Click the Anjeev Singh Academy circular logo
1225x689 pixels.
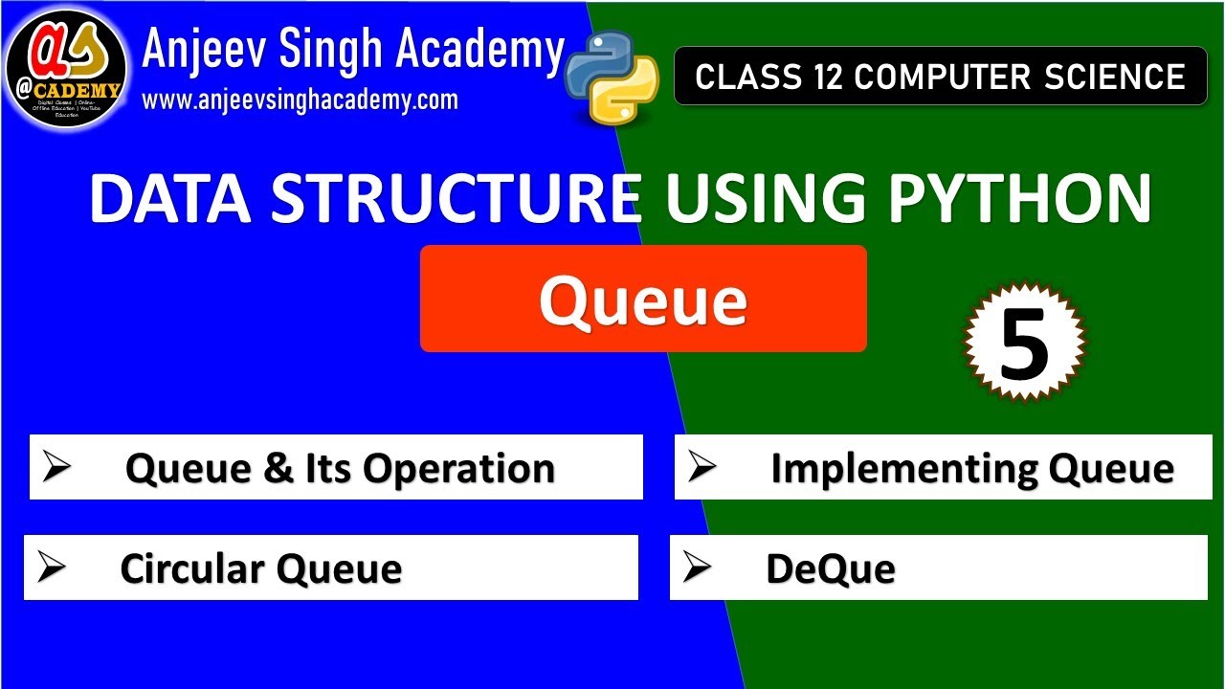click(66, 68)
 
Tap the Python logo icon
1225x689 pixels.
click(612, 77)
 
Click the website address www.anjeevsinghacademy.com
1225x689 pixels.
click(300, 100)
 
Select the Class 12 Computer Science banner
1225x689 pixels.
click(940, 77)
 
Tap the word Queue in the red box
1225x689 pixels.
click(642, 300)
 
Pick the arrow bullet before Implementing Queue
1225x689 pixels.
click(702, 467)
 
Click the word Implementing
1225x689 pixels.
click(903, 469)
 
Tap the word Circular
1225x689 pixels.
click(190, 569)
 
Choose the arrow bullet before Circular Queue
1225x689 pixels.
click(52, 567)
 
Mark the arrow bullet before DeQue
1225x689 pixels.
click(698, 567)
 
